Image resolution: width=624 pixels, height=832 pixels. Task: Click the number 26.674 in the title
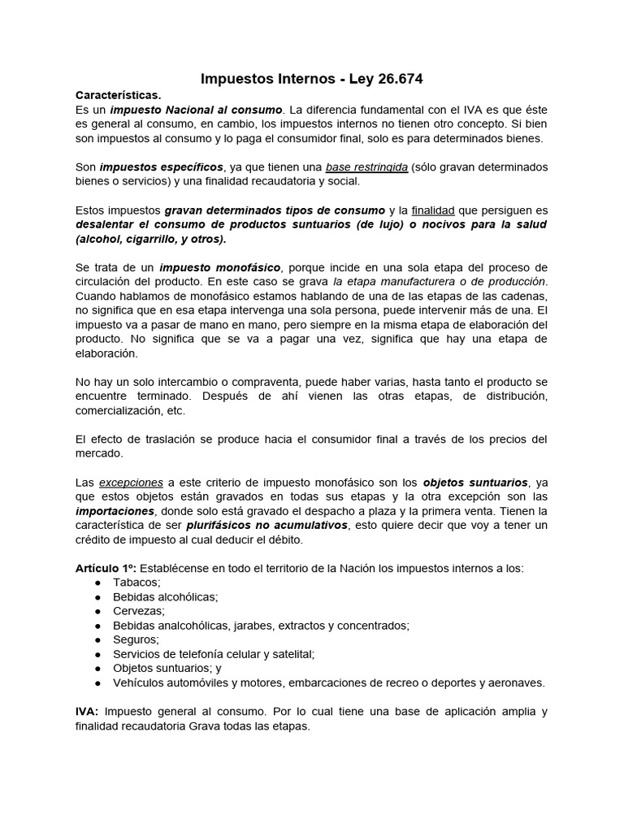396,79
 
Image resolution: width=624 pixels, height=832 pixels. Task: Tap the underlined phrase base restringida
366,167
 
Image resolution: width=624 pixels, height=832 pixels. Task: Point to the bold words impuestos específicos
155,167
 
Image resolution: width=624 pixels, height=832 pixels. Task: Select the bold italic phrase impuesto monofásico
219,267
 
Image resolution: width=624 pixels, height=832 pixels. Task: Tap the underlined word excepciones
131,482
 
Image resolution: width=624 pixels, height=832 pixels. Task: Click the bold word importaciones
115,511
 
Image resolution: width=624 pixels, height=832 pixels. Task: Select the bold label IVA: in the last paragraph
87,711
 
